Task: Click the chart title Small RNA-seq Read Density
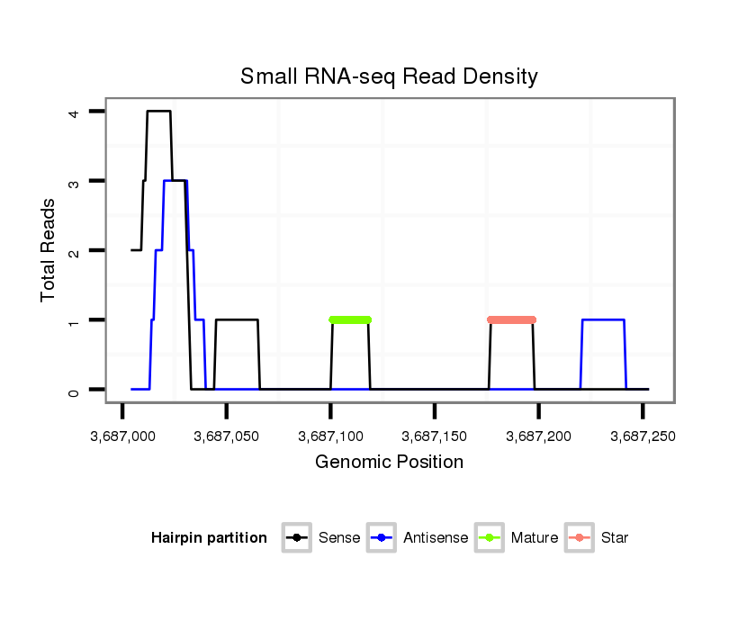tap(389, 76)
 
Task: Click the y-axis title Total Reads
tap(49, 249)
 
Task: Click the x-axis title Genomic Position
tap(389, 463)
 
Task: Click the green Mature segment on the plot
tap(351, 319)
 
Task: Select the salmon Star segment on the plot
tap(511, 319)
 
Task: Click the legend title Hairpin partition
tap(209, 538)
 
